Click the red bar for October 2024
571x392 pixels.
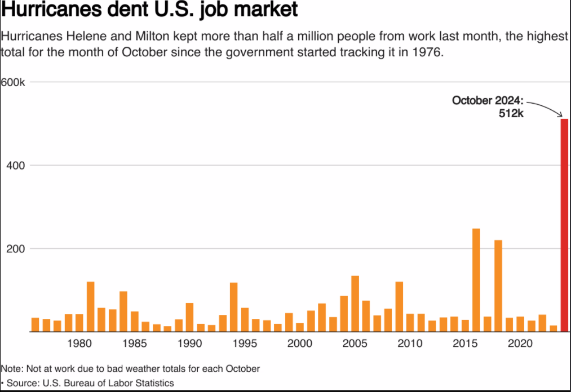(564, 225)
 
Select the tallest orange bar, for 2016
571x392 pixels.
(476, 280)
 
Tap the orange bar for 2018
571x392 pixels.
(498, 286)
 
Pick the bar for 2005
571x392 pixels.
(355, 304)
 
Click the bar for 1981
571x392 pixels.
(91, 307)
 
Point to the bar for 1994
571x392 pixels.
(234, 307)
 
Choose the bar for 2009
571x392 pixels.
(399, 307)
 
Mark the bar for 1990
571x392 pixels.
(190, 318)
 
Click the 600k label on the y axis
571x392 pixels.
(13, 82)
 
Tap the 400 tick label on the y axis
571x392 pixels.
(16, 166)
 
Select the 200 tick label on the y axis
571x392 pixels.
(16, 249)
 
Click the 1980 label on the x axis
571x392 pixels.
(79, 343)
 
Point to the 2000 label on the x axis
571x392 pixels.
(300, 343)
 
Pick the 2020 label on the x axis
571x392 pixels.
(520, 343)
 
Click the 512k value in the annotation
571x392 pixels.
(511, 114)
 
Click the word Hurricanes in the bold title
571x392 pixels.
(51, 9)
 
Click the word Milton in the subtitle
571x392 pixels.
(153, 37)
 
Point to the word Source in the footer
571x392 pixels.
(23, 383)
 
